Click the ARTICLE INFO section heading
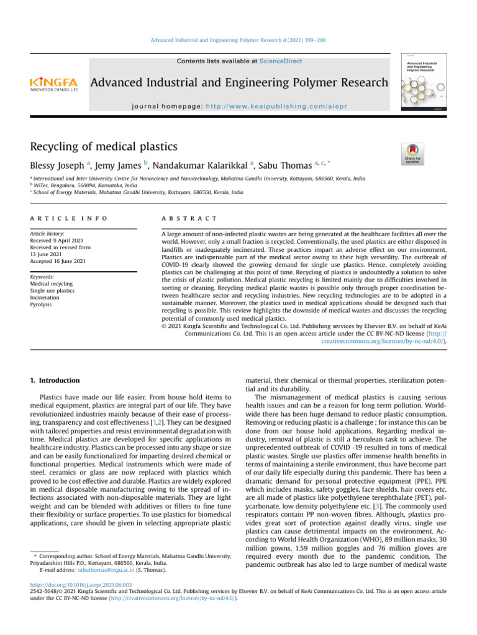coord(68,219)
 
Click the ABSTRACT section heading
coord(189,219)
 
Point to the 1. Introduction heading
coord(55,380)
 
